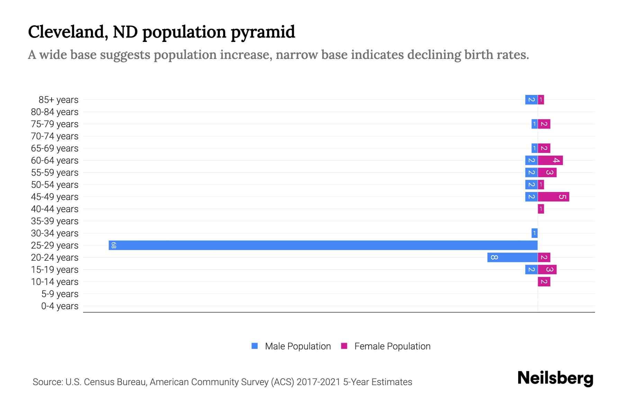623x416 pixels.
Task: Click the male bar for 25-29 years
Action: coord(323,245)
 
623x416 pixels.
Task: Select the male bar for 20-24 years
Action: coord(512,258)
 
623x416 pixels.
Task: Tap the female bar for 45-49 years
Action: coord(553,197)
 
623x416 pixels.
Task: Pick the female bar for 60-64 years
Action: coord(550,161)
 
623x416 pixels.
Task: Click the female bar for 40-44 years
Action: coord(541,209)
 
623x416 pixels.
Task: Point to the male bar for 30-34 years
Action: coord(534,233)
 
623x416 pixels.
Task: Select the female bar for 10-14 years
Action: coord(544,282)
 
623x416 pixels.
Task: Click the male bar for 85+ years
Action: coord(531,100)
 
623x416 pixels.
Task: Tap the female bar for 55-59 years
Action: coord(547,173)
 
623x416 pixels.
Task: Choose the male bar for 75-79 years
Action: coord(534,124)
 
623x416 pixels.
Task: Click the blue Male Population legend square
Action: coord(255,346)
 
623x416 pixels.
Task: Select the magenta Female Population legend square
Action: coord(344,346)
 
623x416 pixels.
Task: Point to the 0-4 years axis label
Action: coord(60,306)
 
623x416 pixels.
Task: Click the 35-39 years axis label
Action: coord(55,221)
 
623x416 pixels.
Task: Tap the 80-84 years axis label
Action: coord(55,112)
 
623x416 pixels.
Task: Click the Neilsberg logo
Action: coord(555,378)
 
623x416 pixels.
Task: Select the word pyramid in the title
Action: coord(263,32)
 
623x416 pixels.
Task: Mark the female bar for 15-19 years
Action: coord(547,270)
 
